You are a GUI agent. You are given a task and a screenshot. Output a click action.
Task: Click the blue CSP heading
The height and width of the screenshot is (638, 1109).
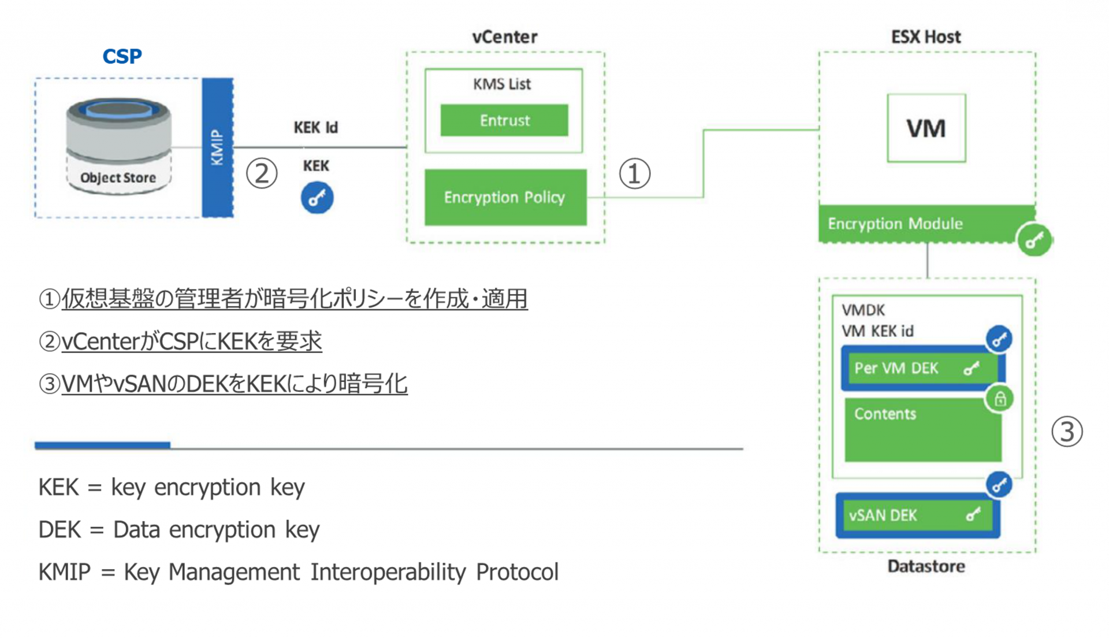[122, 56]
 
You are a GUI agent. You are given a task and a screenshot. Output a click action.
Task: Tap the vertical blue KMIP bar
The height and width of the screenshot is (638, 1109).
[217, 147]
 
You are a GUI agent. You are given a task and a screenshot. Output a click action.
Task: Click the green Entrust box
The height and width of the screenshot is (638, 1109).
[504, 120]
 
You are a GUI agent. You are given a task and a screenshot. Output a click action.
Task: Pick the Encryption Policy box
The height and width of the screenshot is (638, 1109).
[505, 197]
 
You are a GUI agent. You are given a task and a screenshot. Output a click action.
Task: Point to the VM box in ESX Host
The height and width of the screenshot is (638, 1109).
[926, 128]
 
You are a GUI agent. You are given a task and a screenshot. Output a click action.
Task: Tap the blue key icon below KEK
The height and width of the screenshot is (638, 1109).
[317, 198]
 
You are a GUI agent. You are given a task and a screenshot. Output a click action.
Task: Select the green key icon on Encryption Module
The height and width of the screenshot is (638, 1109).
[1034, 239]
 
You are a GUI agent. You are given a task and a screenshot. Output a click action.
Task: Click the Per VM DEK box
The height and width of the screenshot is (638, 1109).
[921, 368]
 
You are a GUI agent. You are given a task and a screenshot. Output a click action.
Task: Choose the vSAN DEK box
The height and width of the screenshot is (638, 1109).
[917, 515]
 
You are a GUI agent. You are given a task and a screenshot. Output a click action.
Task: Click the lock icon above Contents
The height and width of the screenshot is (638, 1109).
[1000, 399]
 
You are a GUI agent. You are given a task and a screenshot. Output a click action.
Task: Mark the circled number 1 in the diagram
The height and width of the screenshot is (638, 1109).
[635, 173]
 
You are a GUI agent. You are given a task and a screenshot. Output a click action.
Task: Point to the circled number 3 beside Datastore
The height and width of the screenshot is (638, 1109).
[1066, 432]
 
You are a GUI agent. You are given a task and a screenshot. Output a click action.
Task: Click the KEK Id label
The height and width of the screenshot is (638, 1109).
[315, 127]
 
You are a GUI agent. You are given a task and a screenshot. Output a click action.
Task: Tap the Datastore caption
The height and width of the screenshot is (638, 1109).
[926, 566]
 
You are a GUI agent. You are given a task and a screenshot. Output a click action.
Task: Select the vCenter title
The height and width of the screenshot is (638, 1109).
[504, 37]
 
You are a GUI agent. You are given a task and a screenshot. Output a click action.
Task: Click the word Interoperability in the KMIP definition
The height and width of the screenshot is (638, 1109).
[388, 572]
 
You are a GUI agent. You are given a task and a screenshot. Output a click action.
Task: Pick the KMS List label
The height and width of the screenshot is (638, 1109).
[501, 84]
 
